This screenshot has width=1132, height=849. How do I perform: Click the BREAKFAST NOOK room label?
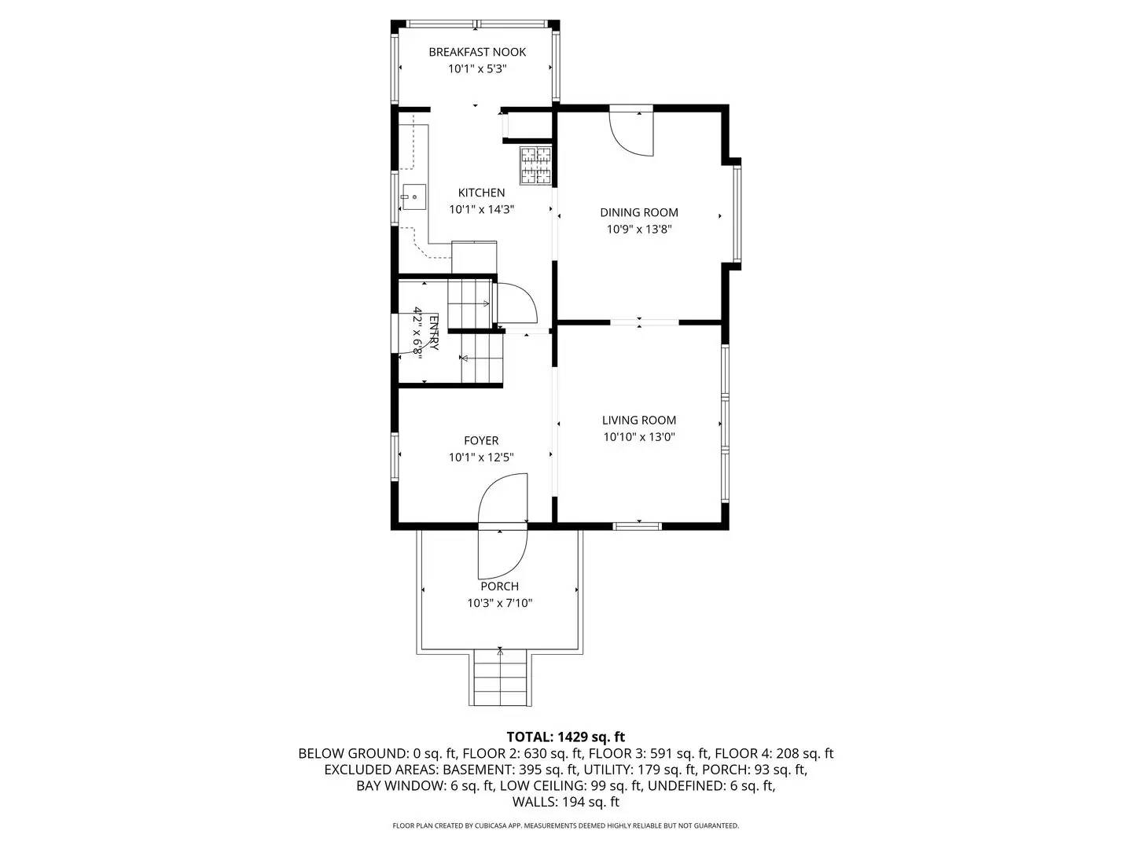477,52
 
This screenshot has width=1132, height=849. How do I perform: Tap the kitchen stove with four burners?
535,165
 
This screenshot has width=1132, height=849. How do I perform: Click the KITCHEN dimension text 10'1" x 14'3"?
481,210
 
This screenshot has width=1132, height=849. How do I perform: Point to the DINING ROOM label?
638,212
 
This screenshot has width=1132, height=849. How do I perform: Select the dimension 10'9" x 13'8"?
638,230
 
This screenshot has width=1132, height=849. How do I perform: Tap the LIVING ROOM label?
638,421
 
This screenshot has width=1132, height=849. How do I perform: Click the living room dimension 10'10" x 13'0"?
638,438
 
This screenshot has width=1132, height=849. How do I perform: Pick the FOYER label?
480,441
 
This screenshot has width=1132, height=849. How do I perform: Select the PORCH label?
499,586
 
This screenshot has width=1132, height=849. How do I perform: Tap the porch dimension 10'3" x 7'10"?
499,604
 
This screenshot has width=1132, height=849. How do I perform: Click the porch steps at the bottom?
500,678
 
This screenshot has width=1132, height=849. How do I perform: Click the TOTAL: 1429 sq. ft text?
565,737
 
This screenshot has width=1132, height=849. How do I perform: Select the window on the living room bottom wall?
638,525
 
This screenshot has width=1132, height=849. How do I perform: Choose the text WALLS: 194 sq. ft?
565,802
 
